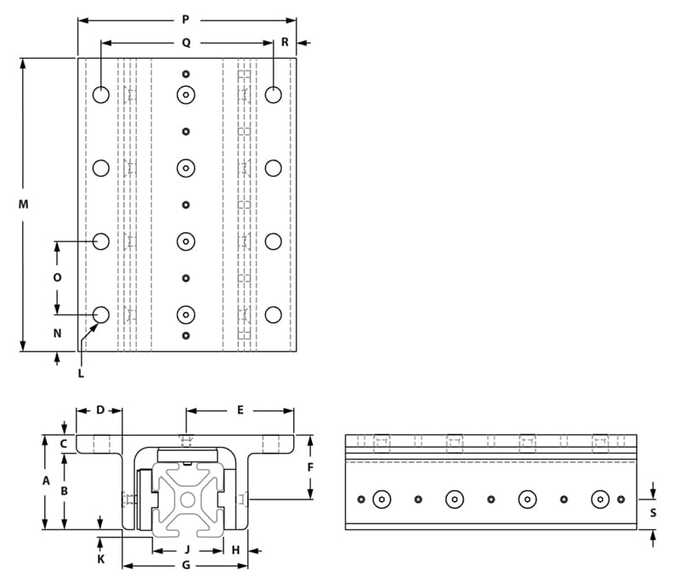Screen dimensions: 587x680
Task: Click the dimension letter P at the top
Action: (185, 19)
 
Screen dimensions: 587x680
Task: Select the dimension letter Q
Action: (185, 42)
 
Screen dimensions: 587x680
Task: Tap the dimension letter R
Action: (285, 42)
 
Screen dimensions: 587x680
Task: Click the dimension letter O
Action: (57, 278)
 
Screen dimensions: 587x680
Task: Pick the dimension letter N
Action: (57, 333)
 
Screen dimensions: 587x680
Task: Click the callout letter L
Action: (81, 372)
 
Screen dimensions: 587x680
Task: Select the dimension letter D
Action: (99, 410)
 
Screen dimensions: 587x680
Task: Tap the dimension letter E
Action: (241, 410)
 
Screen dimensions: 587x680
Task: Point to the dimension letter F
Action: (310, 468)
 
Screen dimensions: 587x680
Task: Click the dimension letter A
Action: (45, 481)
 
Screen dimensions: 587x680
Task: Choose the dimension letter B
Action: (64, 491)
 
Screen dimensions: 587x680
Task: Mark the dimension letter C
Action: (64, 443)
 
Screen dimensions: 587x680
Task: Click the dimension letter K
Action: (100, 560)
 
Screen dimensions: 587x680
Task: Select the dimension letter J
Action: (187, 550)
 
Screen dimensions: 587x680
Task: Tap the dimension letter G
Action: (185, 566)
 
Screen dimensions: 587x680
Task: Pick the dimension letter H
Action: (235, 550)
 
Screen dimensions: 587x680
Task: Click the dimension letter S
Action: (652, 512)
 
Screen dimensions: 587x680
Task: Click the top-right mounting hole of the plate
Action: (273, 94)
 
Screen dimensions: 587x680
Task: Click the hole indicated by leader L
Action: (101, 315)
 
